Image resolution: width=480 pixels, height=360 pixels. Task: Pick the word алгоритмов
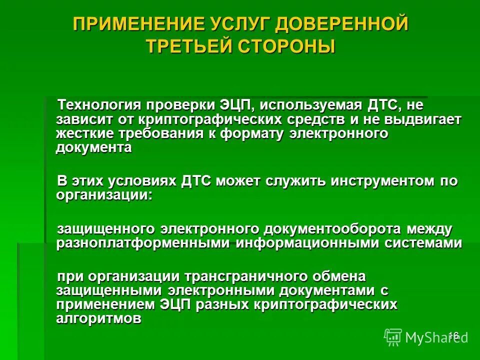99,318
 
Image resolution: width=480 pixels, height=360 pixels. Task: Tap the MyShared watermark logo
425,337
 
